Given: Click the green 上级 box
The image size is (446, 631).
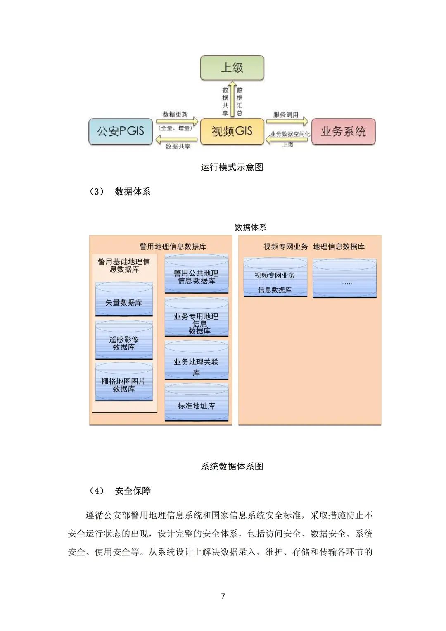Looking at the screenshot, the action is click(232, 68).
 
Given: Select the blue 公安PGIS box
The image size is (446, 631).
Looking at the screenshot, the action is click(121, 131).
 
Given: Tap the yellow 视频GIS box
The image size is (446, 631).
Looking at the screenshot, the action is click(232, 131).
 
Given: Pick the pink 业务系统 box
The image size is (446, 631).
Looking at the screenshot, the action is click(343, 131).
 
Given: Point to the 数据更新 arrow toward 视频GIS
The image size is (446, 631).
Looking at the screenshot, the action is click(176, 121).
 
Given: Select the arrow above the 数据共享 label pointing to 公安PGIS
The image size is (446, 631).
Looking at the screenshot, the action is click(176, 140).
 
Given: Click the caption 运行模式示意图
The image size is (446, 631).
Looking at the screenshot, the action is click(232, 167).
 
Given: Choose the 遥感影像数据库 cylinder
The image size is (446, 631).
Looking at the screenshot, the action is click(124, 340).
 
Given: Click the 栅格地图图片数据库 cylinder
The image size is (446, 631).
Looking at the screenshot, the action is click(124, 382).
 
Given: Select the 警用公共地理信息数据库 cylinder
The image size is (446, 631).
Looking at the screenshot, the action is click(196, 274).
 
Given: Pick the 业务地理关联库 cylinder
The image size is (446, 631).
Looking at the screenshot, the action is click(196, 361).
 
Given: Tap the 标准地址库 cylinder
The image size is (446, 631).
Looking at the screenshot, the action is click(196, 403).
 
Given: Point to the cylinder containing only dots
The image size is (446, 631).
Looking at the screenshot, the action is click(344, 278).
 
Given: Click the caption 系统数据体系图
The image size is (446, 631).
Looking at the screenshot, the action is click(232, 467).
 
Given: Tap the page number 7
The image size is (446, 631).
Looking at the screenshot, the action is click(223, 596).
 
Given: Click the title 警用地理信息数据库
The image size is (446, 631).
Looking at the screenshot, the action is click(173, 247).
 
